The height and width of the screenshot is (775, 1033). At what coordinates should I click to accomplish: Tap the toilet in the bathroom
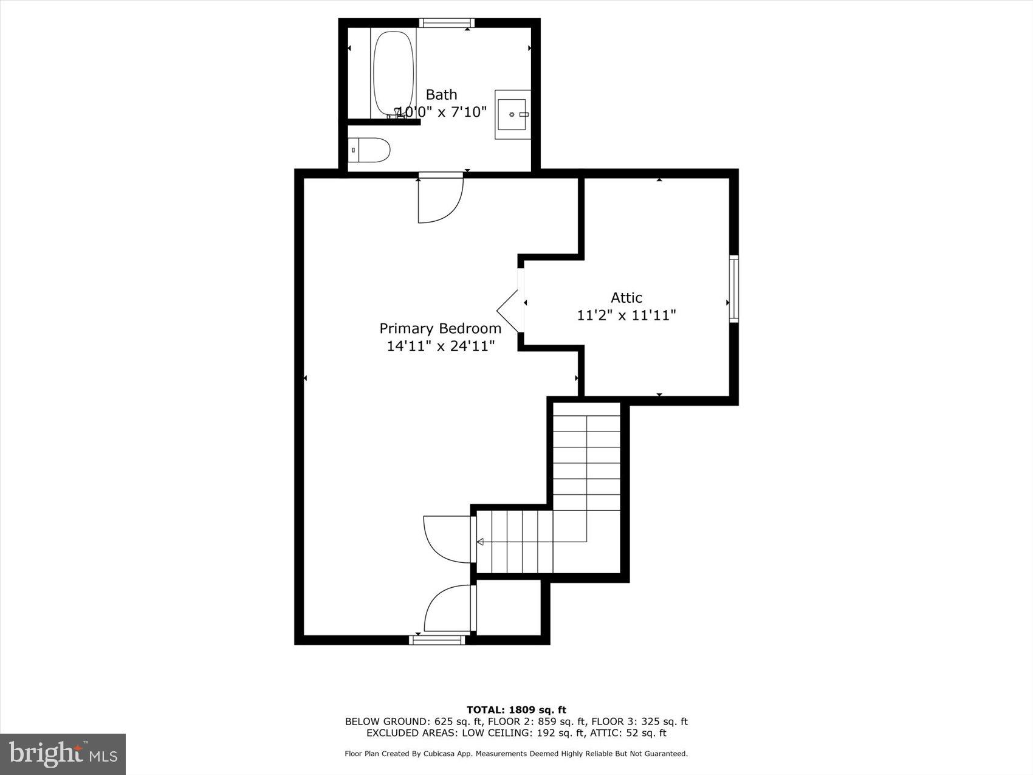pyautogui.click(x=371, y=150)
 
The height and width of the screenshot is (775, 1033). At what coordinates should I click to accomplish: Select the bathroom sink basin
pyautogui.click(x=512, y=114)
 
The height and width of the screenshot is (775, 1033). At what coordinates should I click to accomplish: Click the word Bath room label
pyautogui.click(x=441, y=95)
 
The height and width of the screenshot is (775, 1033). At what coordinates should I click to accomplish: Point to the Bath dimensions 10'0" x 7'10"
pyautogui.click(x=442, y=112)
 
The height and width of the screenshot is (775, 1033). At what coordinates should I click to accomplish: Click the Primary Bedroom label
pyautogui.click(x=441, y=328)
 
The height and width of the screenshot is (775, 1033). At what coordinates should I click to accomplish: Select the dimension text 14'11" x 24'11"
pyautogui.click(x=441, y=346)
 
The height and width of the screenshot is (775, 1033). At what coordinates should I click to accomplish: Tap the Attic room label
pyautogui.click(x=626, y=298)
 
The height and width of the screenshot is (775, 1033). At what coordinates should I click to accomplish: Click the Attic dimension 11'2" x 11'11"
pyautogui.click(x=626, y=315)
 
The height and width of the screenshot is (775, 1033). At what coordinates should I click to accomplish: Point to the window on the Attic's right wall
pyautogui.click(x=734, y=289)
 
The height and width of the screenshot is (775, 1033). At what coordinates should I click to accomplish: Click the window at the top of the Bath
pyautogui.click(x=447, y=23)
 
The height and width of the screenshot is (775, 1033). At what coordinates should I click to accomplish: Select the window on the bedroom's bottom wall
pyautogui.click(x=438, y=639)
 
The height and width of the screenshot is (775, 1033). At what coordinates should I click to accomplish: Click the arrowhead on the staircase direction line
pyautogui.click(x=480, y=542)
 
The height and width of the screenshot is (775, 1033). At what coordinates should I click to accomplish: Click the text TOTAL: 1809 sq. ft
pyautogui.click(x=516, y=709)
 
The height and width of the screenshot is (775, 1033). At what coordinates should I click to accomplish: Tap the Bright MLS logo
pyautogui.click(x=63, y=754)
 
